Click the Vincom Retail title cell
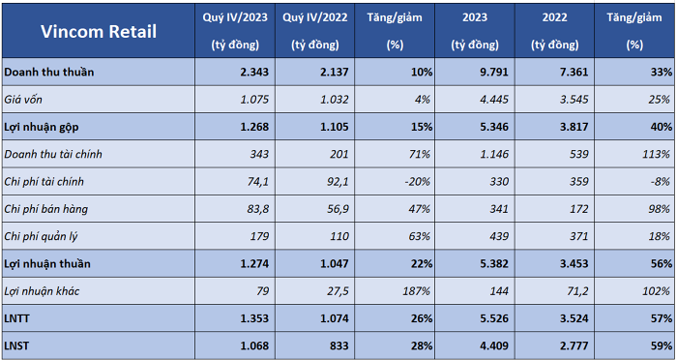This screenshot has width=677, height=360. tap(99, 32)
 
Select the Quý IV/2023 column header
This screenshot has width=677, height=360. tap(235, 31)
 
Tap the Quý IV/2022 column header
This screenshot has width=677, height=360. tap(314, 31)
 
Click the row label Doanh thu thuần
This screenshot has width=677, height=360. tap(48, 72)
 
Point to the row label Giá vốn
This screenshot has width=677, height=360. tap(23, 100)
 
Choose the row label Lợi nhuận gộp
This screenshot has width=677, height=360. tap(42, 127)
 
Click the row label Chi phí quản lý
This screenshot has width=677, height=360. tap(41, 236)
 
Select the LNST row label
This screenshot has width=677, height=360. tap(16, 346)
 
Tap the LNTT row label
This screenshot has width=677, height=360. tap(16, 318)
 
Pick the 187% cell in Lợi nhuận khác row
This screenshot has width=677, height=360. tap(416, 291)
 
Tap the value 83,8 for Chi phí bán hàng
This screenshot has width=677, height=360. tap(258, 209)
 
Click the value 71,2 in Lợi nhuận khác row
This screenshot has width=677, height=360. tap(577, 291)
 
